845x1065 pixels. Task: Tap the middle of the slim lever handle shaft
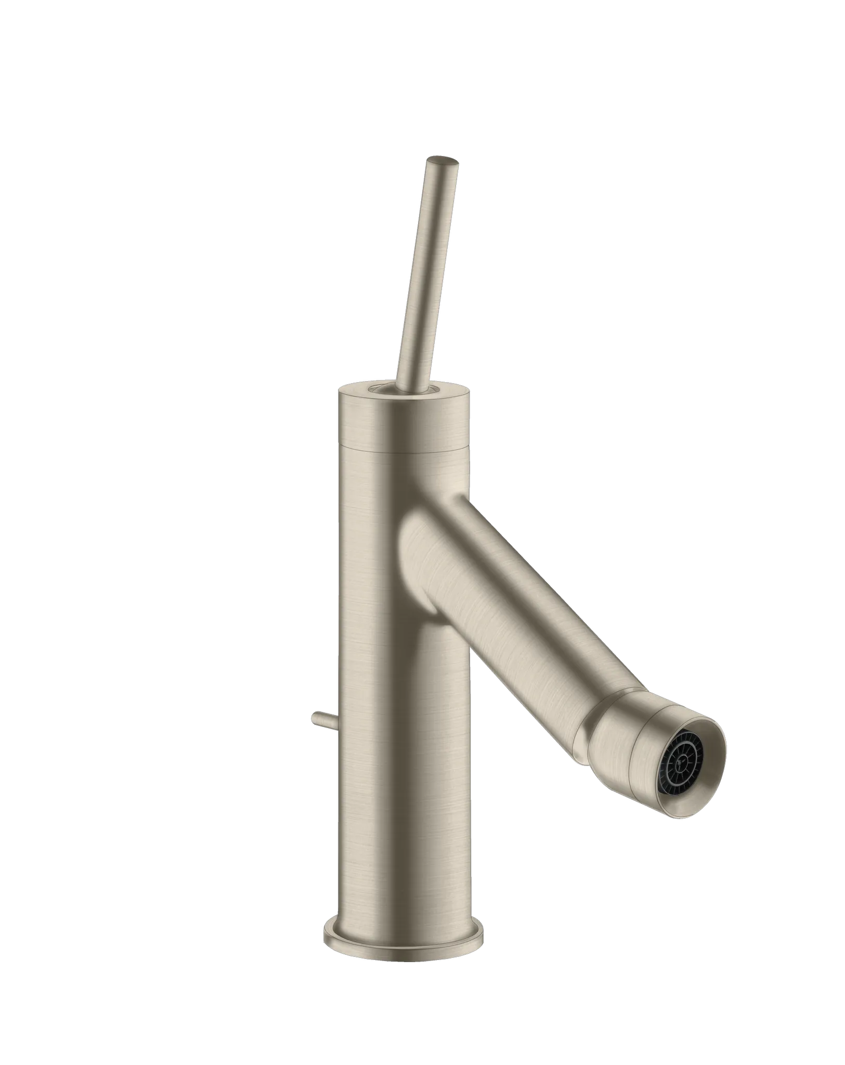[x=427, y=270]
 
